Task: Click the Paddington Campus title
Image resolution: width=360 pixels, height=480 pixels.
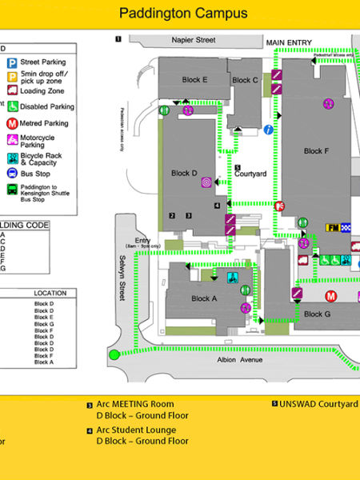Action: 183,13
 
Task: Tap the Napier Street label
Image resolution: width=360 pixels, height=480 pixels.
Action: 194,39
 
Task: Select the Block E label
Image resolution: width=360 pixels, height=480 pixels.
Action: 194,79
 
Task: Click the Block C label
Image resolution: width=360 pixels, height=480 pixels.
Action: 245,80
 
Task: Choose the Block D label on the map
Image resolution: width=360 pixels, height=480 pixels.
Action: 184,173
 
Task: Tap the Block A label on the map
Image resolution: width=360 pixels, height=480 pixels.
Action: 204,298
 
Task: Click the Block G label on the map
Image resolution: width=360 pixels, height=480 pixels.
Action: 317,314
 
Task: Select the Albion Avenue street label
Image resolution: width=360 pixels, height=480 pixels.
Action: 240,360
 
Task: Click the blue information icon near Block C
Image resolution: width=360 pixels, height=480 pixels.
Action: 269,129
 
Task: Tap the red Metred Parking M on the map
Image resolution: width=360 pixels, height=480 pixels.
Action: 329,294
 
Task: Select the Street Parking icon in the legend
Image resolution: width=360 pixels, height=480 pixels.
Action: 13,62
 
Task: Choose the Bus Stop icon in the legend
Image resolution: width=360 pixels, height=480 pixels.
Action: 13,172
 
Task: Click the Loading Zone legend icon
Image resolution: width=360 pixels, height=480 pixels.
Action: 13,91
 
